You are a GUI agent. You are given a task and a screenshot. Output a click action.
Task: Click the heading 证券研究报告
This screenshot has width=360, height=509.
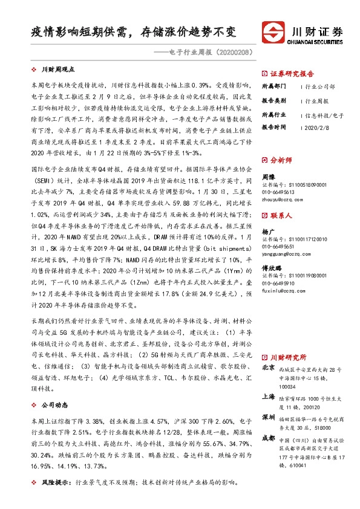(x=289, y=71)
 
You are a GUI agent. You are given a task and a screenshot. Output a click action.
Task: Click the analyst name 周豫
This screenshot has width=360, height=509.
(x=268, y=176)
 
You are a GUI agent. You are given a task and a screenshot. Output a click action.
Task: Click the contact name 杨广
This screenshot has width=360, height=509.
(x=268, y=231)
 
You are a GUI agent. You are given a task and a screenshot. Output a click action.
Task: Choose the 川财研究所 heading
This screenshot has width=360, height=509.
(x=288, y=357)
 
